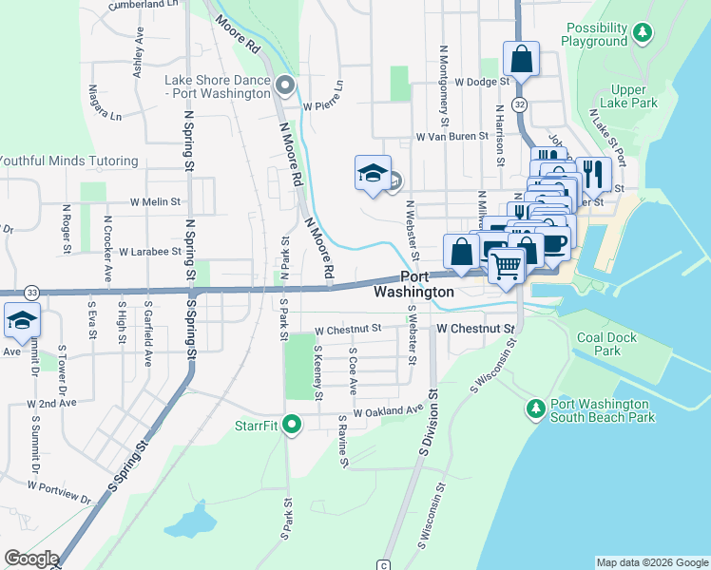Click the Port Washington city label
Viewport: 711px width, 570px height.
[x=413, y=284]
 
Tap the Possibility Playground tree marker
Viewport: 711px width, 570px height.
[x=644, y=33]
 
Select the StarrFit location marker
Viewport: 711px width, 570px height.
[x=292, y=425]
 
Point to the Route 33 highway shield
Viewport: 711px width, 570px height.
[x=31, y=292]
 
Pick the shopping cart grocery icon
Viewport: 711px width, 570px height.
[x=508, y=266]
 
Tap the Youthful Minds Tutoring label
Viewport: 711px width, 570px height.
[x=68, y=161]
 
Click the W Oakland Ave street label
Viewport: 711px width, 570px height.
[x=388, y=412]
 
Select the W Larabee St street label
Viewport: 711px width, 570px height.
[x=150, y=252]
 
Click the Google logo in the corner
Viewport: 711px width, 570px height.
[x=30, y=559]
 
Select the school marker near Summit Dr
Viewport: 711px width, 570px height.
[x=22, y=320]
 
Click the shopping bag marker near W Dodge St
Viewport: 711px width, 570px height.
[x=521, y=59]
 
